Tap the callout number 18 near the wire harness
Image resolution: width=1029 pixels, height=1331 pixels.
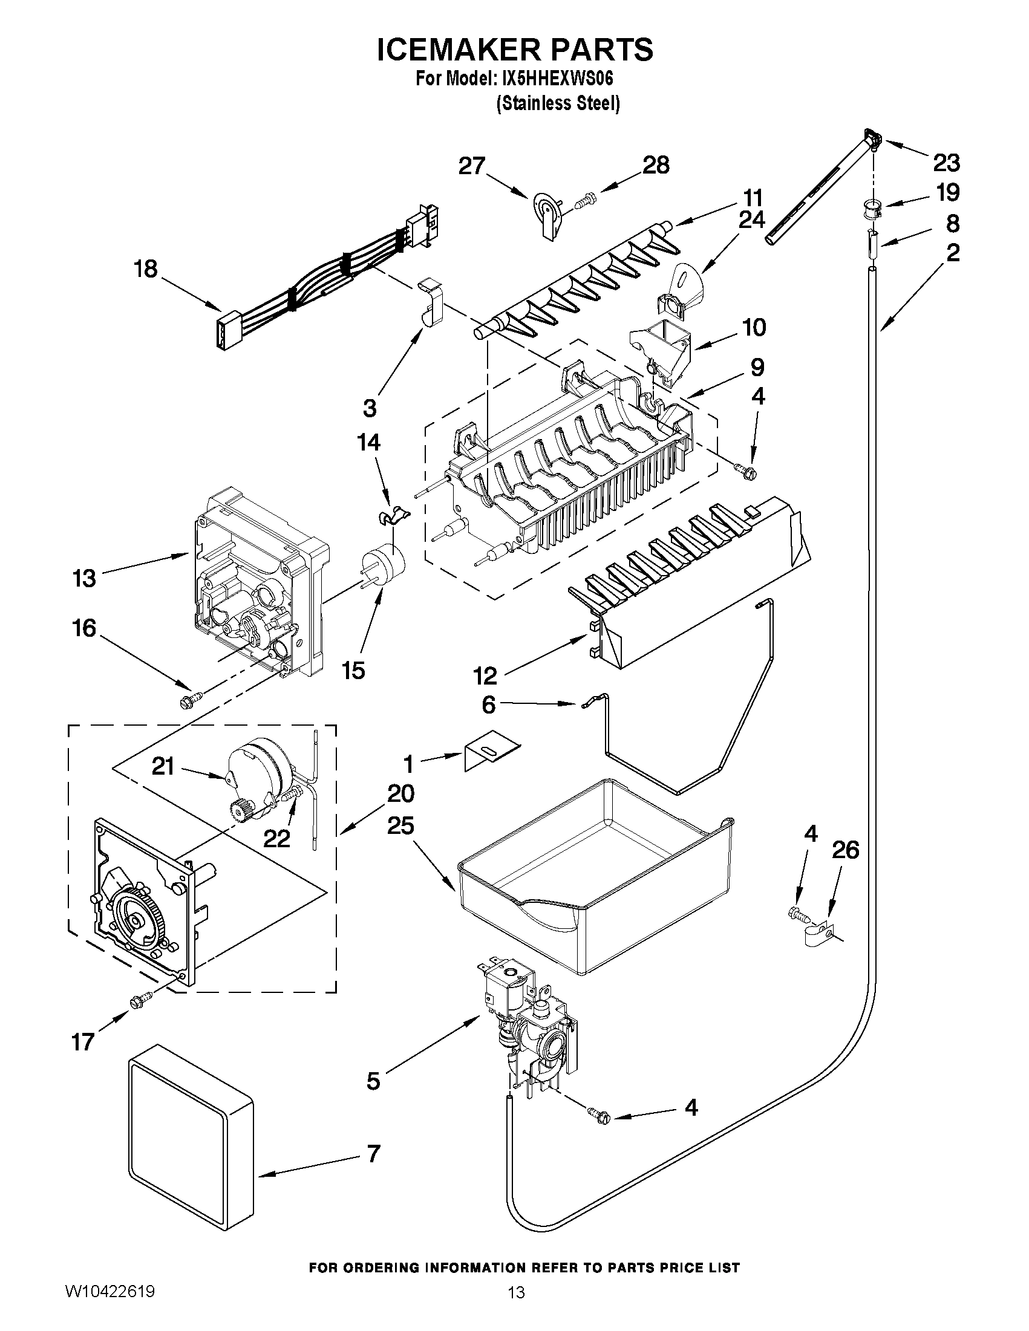coord(146,268)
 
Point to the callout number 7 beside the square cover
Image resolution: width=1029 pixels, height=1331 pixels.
coord(373,1153)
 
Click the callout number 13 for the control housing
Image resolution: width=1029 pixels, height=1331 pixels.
coord(84,578)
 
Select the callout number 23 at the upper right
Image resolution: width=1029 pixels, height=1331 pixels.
coord(946,162)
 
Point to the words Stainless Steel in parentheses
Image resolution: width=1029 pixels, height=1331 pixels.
coord(558,103)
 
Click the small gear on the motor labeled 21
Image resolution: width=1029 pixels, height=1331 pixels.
coord(238,812)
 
